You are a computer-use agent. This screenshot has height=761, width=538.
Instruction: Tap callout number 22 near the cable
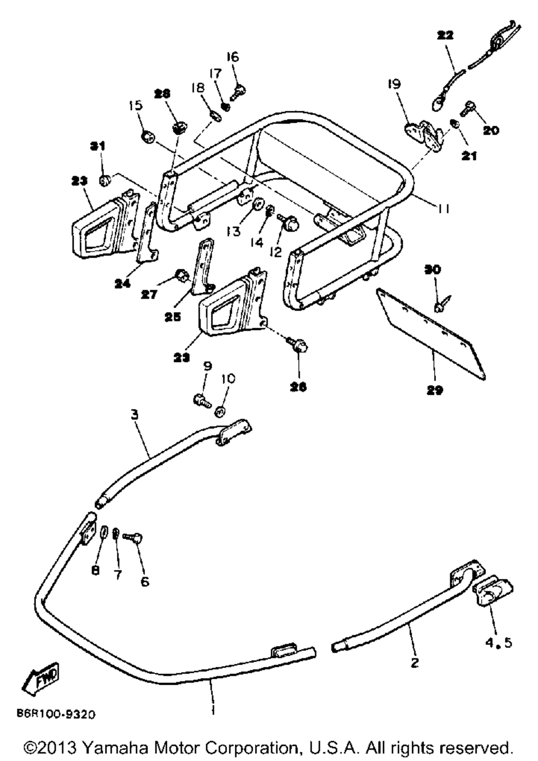tap(445, 35)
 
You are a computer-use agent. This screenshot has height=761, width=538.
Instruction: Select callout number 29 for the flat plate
tap(435, 390)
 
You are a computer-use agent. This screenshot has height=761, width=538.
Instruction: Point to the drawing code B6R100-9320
tap(56, 714)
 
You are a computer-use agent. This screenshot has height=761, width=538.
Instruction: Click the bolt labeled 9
tap(202, 401)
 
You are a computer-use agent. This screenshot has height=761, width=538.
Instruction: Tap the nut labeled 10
tap(221, 412)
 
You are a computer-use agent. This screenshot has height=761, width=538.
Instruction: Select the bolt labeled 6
tap(133, 537)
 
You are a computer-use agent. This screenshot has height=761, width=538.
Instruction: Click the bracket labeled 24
tap(147, 233)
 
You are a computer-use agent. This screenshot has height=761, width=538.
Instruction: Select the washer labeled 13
tap(258, 205)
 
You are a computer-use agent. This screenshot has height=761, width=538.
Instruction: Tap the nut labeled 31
tap(104, 181)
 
